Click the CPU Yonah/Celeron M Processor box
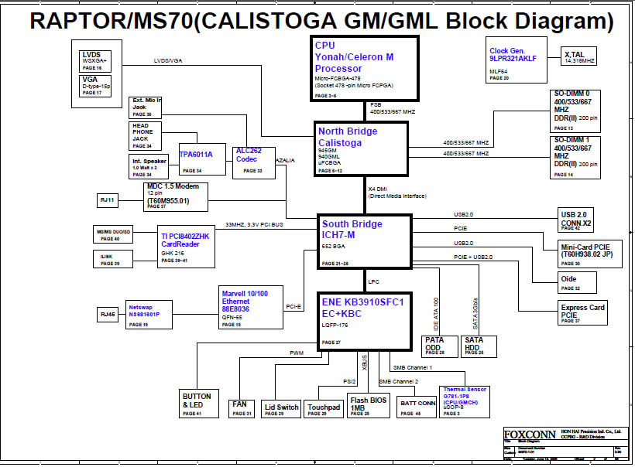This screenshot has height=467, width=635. (365, 68)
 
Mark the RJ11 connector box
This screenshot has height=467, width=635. (107, 200)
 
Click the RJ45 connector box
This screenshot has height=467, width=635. (107, 314)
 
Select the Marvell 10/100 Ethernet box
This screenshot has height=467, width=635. (246, 307)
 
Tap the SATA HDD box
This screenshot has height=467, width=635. (478, 345)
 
